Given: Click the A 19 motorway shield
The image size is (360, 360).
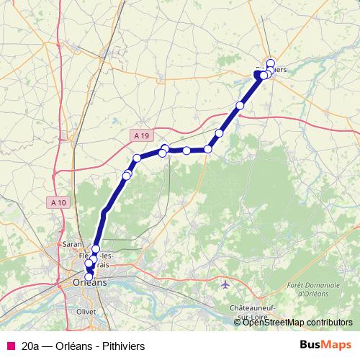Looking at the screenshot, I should click(143, 135).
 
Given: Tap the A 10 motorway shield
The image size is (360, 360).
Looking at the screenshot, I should click(59, 202).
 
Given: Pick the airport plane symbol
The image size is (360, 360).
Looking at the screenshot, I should click(226, 284).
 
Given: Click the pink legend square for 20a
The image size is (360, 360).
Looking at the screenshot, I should click(11, 346).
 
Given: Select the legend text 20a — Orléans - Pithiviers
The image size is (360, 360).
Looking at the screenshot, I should click(84, 346).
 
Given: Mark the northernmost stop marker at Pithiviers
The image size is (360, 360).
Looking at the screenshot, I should click(271, 62).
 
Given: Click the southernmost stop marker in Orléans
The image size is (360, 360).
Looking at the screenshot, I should click(89, 276).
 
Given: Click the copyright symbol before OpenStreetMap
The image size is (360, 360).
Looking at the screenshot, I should click(238, 323).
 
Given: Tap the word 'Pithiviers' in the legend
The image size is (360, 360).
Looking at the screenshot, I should click(122, 346).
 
